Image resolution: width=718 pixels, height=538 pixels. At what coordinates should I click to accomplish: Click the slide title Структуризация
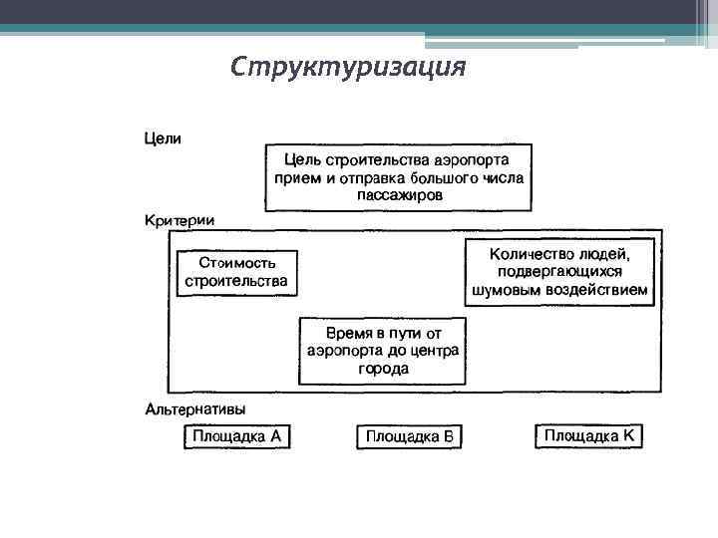pos(348,67)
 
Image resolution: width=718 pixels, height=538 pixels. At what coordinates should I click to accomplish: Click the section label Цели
pos(164,138)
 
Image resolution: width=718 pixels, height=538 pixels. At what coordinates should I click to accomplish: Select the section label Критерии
pos(179,219)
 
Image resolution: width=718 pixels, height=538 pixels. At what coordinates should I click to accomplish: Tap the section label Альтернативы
pos(196,408)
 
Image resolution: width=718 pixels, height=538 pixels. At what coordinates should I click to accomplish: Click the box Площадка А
pos(237,436)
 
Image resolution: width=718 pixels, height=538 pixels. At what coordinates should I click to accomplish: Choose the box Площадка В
pos(410,436)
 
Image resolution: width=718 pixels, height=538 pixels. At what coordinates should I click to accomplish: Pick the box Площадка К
pos(588,435)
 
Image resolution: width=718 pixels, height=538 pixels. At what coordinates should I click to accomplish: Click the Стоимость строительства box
pos(237,272)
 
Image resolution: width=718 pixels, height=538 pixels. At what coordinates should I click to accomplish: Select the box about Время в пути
pos(383,350)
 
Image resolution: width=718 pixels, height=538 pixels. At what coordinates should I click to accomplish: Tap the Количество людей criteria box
pos(561,272)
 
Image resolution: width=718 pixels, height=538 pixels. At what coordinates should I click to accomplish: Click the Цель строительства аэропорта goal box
pos(398,177)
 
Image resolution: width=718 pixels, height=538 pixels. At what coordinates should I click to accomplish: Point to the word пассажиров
pos(399,195)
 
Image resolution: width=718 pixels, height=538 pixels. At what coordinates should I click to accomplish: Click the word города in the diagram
pos(383,369)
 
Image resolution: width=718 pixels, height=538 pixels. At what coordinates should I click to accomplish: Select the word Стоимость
pos(237,263)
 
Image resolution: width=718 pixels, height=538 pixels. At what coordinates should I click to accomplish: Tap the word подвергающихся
pos(561,272)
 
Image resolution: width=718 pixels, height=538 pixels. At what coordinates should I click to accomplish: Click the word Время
pos(350,332)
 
